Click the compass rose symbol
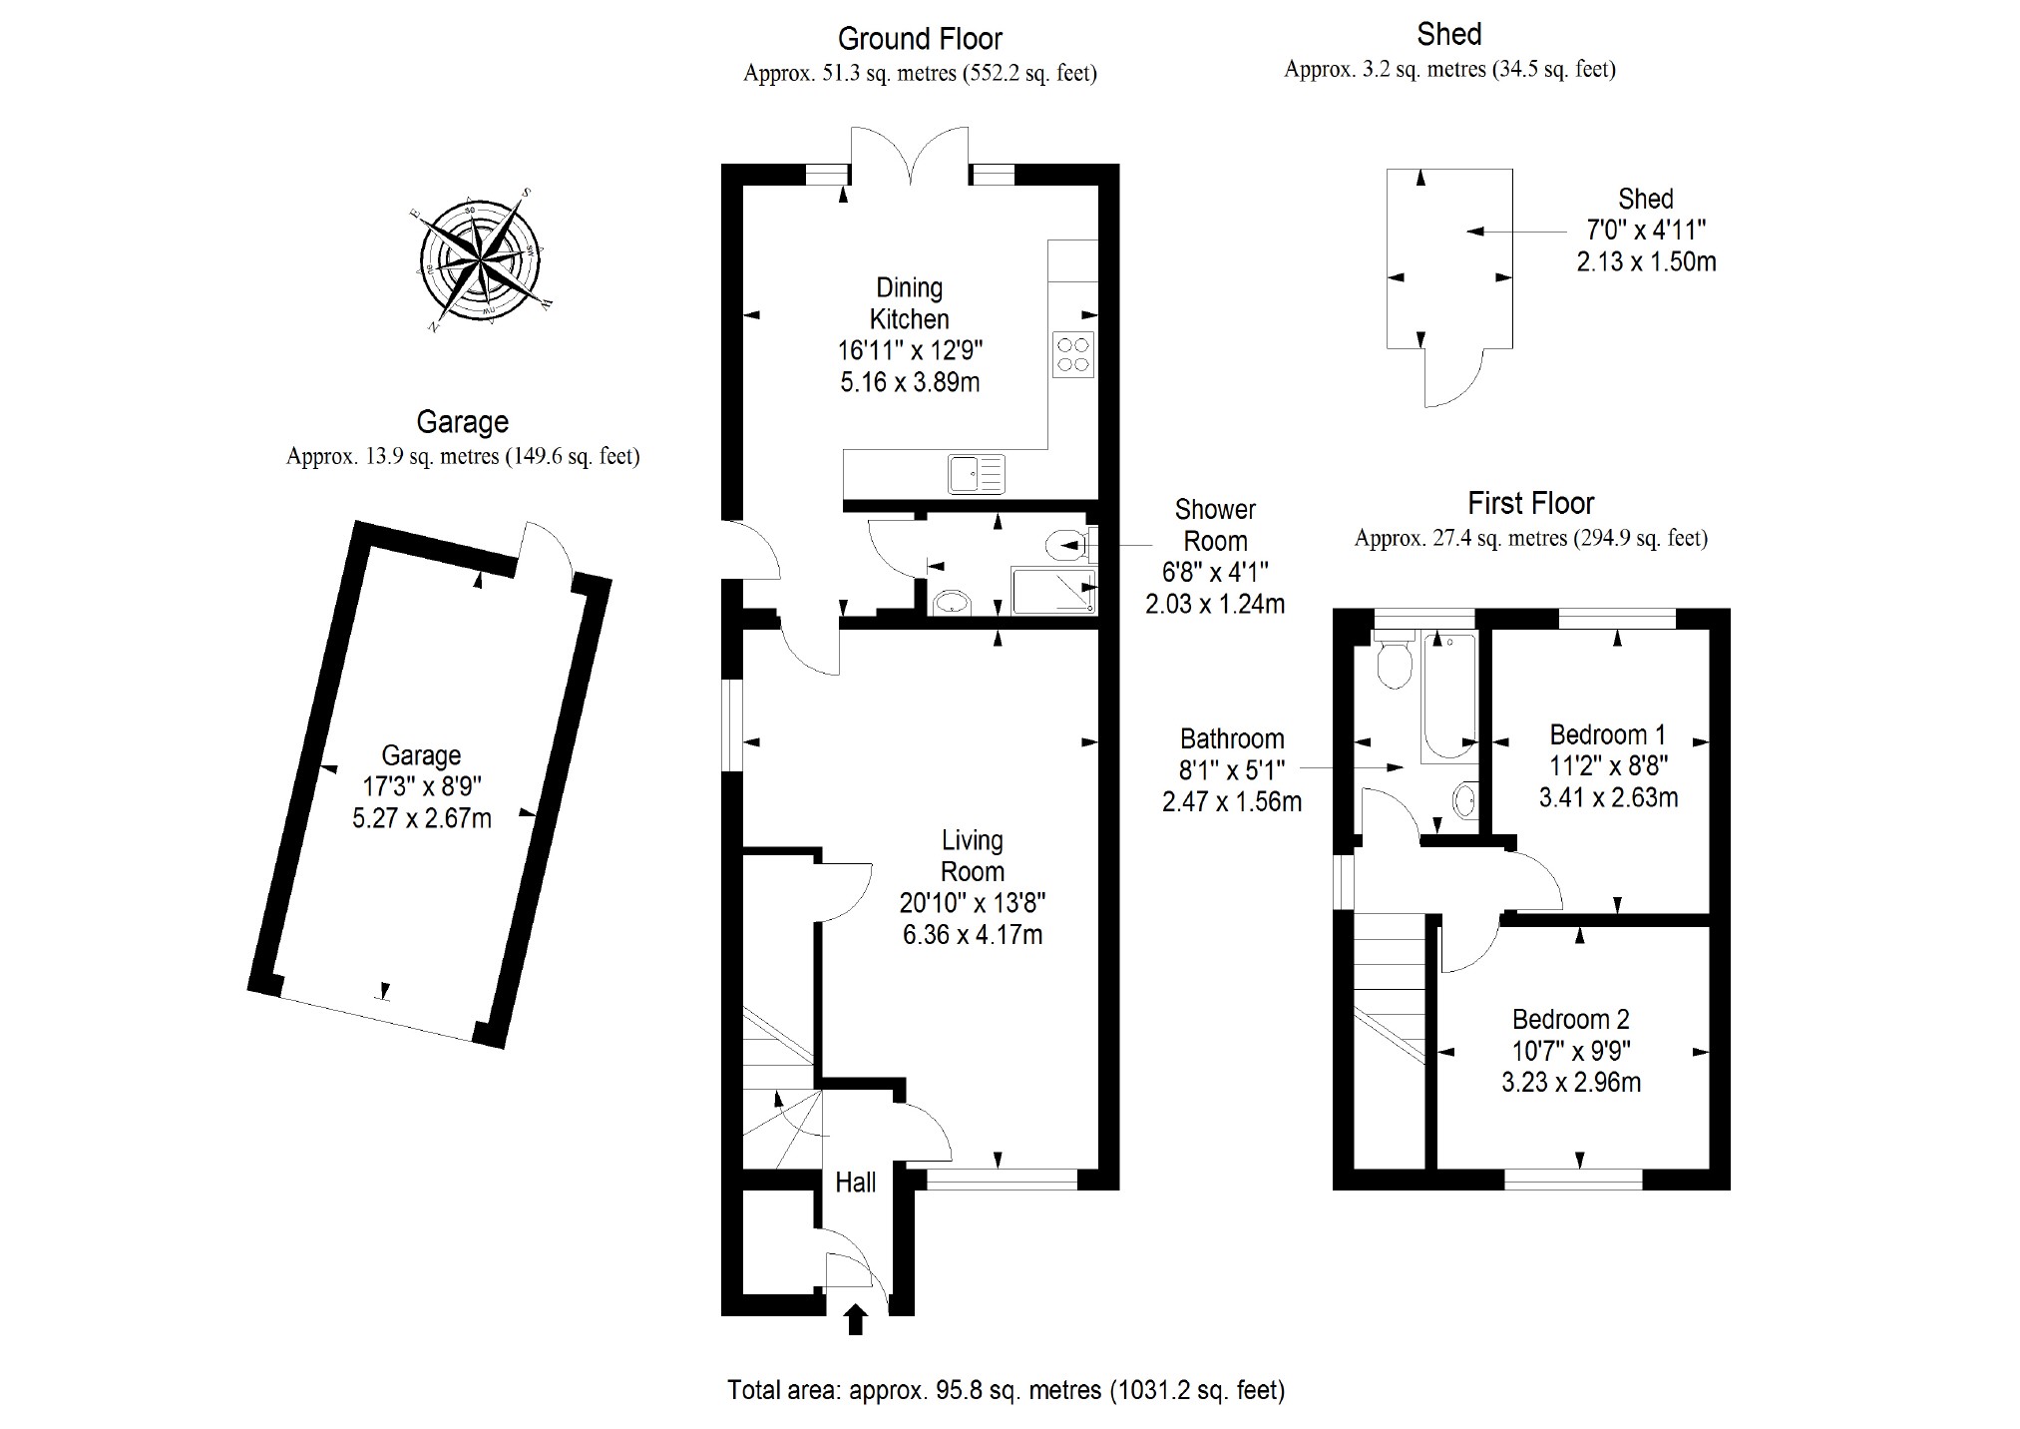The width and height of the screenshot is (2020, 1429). pyautogui.click(x=481, y=261)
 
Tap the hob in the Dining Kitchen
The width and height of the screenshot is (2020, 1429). pyautogui.click(x=1072, y=354)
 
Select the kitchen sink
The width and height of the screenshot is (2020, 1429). pyautogui.click(x=977, y=473)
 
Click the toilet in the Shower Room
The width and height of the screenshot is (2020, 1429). pyautogui.click(x=1064, y=545)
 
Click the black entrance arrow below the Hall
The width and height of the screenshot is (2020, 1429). pyautogui.click(x=855, y=1319)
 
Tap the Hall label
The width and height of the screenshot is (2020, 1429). pyautogui.click(x=855, y=1183)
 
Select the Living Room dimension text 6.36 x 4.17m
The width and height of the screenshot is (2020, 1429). pyautogui.click(x=972, y=935)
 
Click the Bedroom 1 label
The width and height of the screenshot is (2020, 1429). pyautogui.click(x=1607, y=735)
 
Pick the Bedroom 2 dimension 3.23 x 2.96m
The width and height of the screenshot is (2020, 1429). pyautogui.click(x=1570, y=1083)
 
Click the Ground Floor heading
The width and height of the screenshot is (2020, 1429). pyautogui.click(x=919, y=39)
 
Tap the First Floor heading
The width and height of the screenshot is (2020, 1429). pyautogui.click(x=1530, y=503)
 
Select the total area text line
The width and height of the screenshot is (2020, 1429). pyautogui.click(x=1006, y=1390)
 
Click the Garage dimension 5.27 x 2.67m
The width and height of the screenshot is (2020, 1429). pyautogui.click(x=421, y=819)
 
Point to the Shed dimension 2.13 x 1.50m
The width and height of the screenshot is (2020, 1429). pyautogui.click(x=1646, y=262)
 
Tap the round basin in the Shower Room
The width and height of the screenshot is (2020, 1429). pyautogui.click(x=952, y=602)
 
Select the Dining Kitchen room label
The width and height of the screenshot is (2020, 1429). pyautogui.click(x=909, y=303)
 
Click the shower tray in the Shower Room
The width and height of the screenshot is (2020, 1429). pyautogui.click(x=1052, y=591)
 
